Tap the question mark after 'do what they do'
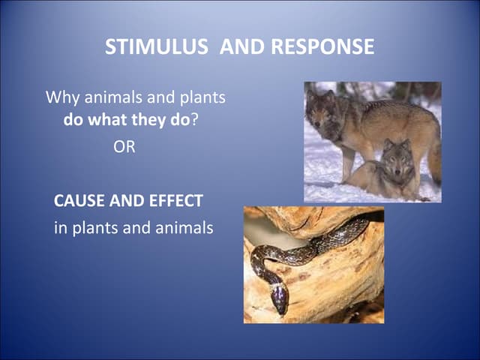click(194, 121)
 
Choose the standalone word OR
click(124, 148)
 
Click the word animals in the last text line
click(182, 228)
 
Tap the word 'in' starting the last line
click(60, 228)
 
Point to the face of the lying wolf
click(397, 157)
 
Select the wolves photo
click(372, 142)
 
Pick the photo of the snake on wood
click(313, 265)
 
